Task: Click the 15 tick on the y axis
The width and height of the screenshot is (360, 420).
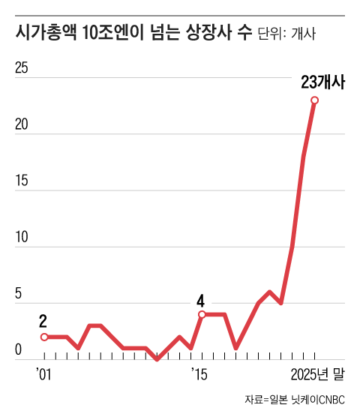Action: (x=22, y=181)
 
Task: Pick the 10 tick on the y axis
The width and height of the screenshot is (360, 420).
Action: (x=22, y=238)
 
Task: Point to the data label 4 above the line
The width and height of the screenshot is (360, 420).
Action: (x=200, y=301)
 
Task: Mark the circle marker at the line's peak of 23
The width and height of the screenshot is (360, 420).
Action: (x=314, y=100)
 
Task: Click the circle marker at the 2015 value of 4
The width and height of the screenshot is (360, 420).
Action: (x=202, y=314)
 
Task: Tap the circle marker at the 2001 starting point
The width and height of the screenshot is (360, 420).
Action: (x=44, y=337)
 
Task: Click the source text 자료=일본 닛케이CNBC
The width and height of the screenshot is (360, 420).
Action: (x=295, y=400)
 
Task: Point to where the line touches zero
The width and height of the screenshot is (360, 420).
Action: (x=157, y=359)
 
